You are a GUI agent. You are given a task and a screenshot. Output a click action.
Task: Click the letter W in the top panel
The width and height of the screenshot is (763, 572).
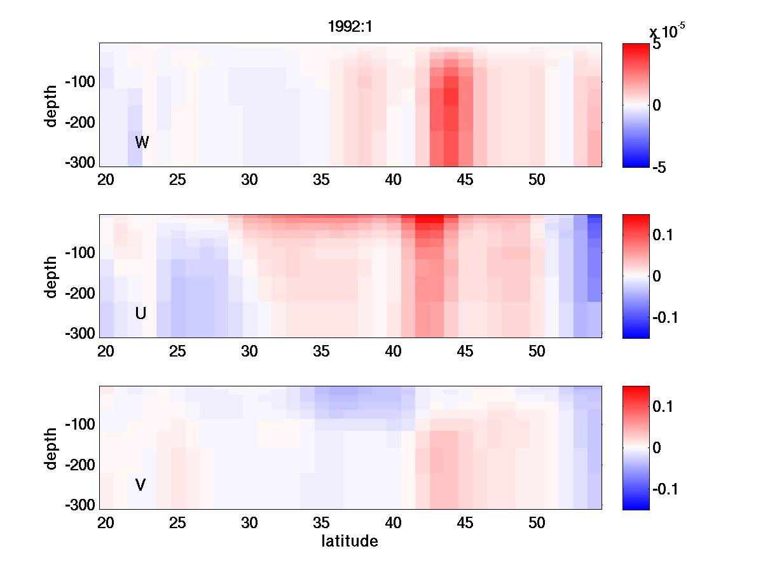(142, 142)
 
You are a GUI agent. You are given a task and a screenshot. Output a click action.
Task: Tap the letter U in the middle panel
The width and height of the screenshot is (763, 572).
(141, 313)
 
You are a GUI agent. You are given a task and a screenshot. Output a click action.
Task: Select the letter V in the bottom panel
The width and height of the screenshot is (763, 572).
(141, 485)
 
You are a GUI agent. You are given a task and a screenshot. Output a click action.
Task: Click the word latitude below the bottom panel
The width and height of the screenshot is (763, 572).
(350, 541)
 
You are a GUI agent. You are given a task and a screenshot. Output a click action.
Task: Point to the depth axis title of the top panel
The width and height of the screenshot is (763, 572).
(52, 105)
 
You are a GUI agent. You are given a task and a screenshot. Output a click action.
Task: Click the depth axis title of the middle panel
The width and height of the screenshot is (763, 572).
(52, 276)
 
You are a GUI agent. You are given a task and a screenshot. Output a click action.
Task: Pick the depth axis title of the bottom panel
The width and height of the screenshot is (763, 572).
(52, 448)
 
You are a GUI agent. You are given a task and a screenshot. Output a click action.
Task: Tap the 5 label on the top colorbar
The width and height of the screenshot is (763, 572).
(657, 46)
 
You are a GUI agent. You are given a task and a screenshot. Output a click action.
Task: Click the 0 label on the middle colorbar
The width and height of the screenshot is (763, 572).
(657, 276)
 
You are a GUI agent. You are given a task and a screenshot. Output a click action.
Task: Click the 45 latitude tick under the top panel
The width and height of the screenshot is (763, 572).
(465, 180)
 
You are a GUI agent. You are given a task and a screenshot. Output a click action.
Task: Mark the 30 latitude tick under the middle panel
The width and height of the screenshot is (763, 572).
(249, 351)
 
